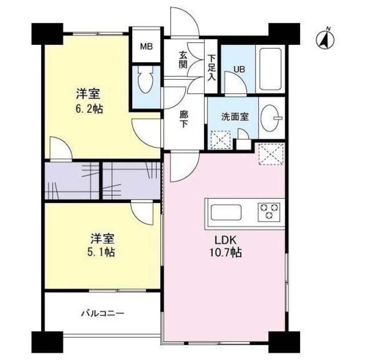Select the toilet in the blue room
(x=145, y=82)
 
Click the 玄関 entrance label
(x=183, y=59)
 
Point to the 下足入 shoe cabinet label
(x=212, y=67)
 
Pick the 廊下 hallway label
(x=184, y=119)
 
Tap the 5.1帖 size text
(x=103, y=251)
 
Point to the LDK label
(x=224, y=239)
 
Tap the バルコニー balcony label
(x=102, y=313)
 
